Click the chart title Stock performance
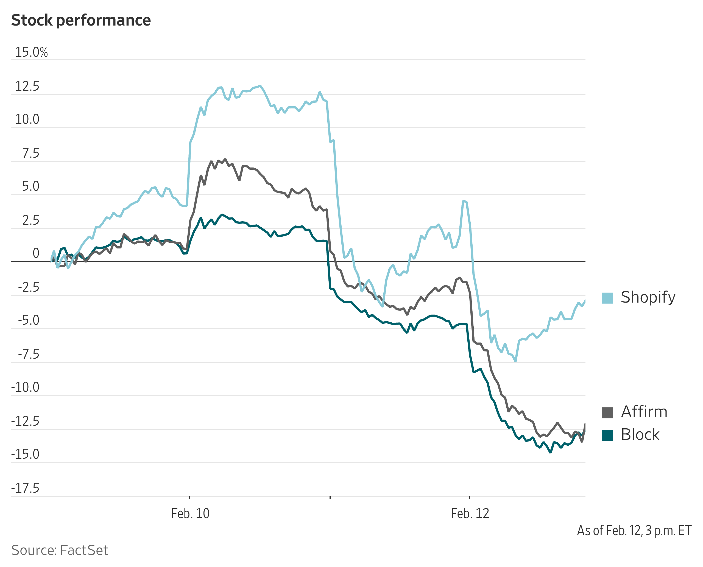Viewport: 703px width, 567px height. [81, 20]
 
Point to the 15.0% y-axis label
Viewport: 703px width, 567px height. [31, 52]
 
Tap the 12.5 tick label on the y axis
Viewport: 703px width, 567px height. [27, 86]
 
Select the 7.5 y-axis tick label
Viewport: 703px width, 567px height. [30, 153]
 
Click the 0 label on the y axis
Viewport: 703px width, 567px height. [36, 253]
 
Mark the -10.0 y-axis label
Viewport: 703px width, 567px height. [25, 387]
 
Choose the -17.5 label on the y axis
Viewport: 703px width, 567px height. [25, 488]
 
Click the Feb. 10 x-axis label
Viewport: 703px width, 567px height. [190, 514]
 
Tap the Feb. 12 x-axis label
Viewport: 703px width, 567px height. [470, 514]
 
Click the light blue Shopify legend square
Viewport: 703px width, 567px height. [607, 298]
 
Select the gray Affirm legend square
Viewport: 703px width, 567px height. [607, 412]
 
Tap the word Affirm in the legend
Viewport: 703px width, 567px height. [644, 412]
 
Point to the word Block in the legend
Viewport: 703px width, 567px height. [640, 435]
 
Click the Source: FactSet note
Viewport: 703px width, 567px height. [60, 550]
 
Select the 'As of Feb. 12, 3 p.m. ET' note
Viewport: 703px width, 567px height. [634, 531]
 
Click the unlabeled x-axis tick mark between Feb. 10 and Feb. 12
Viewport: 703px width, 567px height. [330, 497]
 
